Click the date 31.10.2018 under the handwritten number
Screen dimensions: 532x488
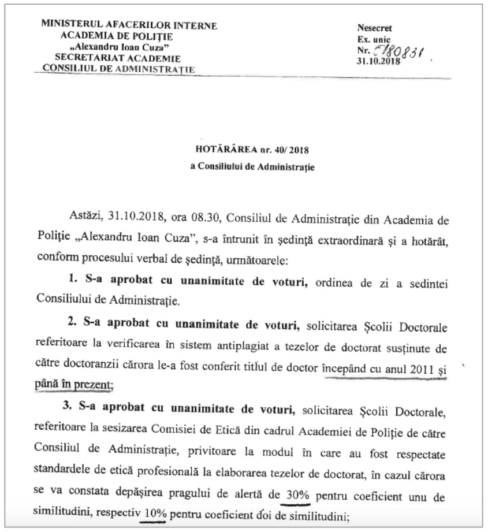(x=378, y=59)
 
